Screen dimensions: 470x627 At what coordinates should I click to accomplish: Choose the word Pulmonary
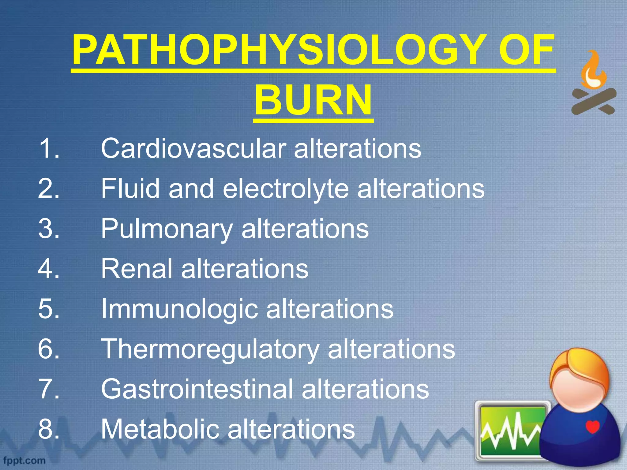click(167, 229)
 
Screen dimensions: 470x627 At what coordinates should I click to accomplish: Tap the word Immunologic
click(179, 309)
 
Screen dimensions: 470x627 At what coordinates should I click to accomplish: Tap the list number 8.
click(48, 429)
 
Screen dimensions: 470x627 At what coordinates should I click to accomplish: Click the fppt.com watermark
click(24, 460)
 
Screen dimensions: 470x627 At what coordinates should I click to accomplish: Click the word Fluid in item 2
click(130, 188)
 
